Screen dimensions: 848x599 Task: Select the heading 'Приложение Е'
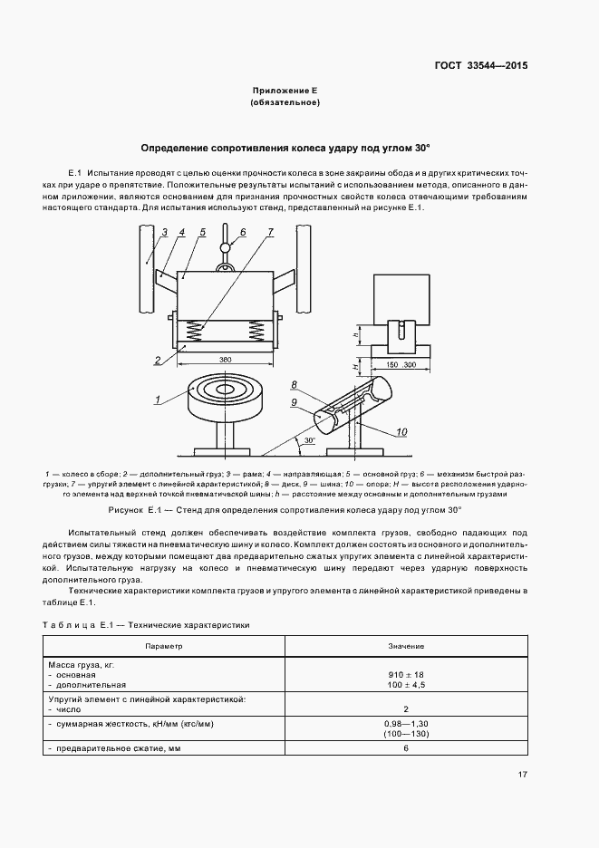point(285,92)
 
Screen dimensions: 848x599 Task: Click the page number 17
point(523,775)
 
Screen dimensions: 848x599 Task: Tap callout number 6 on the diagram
point(243,232)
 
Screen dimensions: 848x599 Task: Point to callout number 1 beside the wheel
point(157,399)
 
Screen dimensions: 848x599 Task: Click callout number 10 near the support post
point(402,433)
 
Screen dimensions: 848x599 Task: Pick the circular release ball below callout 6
point(225,247)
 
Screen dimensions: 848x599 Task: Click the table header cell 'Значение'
point(406,646)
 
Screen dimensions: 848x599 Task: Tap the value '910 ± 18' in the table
point(406,675)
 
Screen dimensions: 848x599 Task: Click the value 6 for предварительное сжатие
point(406,748)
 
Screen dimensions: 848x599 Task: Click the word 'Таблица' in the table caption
point(69,625)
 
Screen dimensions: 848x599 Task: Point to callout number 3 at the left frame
point(165,233)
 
